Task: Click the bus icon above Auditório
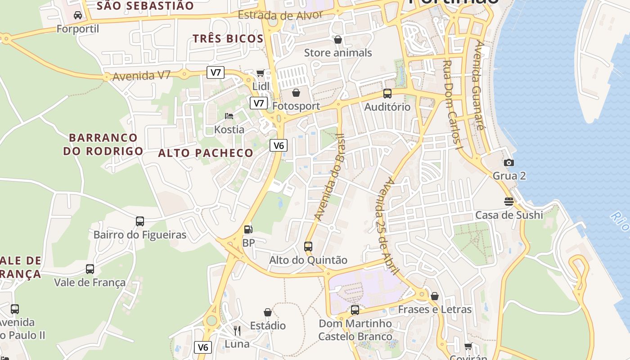pyautogui.click(x=387, y=94)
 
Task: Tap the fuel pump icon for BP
pyautogui.click(x=248, y=229)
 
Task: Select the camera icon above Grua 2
pyautogui.click(x=509, y=162)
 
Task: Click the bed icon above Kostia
pyautogui.click(x=229, y=116)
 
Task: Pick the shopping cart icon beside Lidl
pyautogui.click(x=260, y=73)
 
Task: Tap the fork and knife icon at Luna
pyautogui.click(x=237, y=331)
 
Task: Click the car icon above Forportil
pyautogui.click(x=78, y=15)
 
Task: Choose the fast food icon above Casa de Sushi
pyautogui.click(x=509, y=201)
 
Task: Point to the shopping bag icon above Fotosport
pyautogui.click(x=296, y=93)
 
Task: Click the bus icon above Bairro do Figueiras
pyautogui.click(x=140, y=221)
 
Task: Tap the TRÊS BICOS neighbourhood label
pyautogui.click(x=228, y=39)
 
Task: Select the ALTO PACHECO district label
pyautogui.click(x=206, y=153)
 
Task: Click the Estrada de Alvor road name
pyautogui.click(x=280, y=15)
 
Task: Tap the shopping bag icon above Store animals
pyautogui.click(x=338, y=40)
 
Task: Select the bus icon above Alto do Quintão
pyautogui.click(x=308, y=246)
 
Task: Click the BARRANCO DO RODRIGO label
pyautogui.click(x=103, y=144)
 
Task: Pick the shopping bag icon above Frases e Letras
pyautogui.click(x=435, y=296)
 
